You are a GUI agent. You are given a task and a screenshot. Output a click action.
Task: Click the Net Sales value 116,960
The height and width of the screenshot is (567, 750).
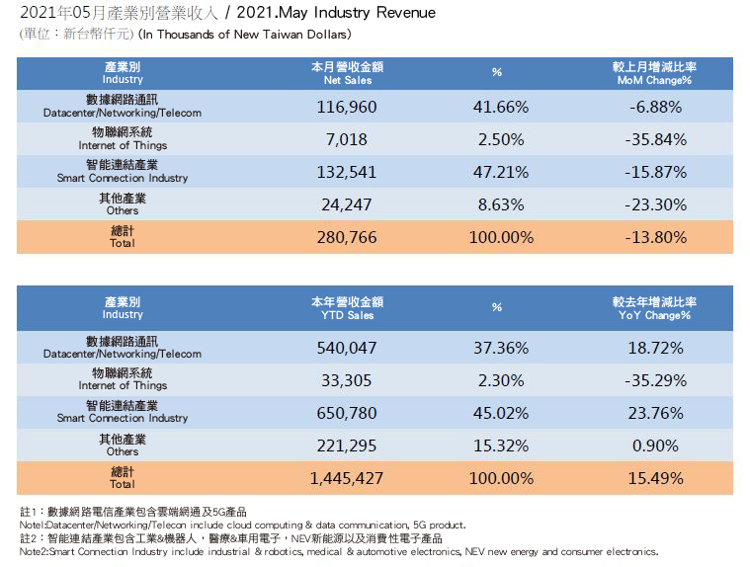point(346,106)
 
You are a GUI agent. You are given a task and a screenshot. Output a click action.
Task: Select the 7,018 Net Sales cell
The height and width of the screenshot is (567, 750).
point(346,138)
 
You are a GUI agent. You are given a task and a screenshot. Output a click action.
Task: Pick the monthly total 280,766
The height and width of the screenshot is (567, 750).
point(346,237)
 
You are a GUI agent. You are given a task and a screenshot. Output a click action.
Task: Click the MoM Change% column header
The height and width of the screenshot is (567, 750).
point(655,72)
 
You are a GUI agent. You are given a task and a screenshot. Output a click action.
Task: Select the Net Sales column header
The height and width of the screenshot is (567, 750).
point(346,72)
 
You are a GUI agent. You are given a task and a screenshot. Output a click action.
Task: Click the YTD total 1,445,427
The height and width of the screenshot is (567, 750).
point(346,477)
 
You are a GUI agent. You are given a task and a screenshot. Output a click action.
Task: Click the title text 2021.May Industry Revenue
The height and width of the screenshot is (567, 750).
point(342,14)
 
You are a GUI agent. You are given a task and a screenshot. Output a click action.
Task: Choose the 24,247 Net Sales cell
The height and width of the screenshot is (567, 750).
point(346,204)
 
